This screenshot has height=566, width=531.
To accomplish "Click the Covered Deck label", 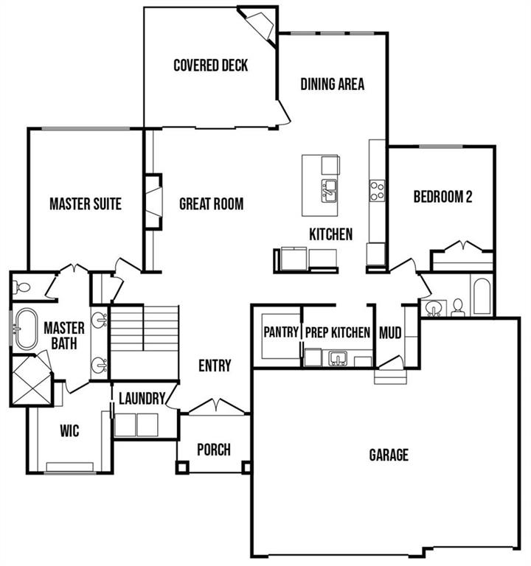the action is click(211, 66).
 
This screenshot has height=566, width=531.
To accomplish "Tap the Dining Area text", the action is click(333, 84).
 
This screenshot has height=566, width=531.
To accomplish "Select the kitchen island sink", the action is click(329, 191).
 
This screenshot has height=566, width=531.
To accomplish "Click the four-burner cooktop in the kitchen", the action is click(377, 191).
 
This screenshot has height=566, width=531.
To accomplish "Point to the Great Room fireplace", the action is click(153, 201).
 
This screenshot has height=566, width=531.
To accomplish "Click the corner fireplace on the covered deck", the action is click(260, 25).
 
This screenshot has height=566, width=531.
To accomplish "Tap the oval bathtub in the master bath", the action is click(27, 329).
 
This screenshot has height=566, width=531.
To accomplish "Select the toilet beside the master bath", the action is click(21, 287).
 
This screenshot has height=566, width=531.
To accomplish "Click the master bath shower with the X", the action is click(32, 380).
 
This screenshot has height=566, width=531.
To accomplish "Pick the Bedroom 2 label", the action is click(442, 197).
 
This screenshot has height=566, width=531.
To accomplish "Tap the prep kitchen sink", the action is click(338, 358).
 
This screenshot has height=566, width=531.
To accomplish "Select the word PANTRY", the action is click(281, 332).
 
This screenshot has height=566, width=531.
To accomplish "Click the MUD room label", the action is click(390, 333).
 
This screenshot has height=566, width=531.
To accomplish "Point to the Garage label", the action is click(389, 455).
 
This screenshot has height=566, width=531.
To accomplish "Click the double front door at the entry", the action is click(216, 407).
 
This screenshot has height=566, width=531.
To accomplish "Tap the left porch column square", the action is click(182, 467).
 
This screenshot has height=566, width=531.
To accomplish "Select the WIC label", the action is click(69, 430).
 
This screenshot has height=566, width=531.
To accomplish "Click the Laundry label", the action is click(142, 399).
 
